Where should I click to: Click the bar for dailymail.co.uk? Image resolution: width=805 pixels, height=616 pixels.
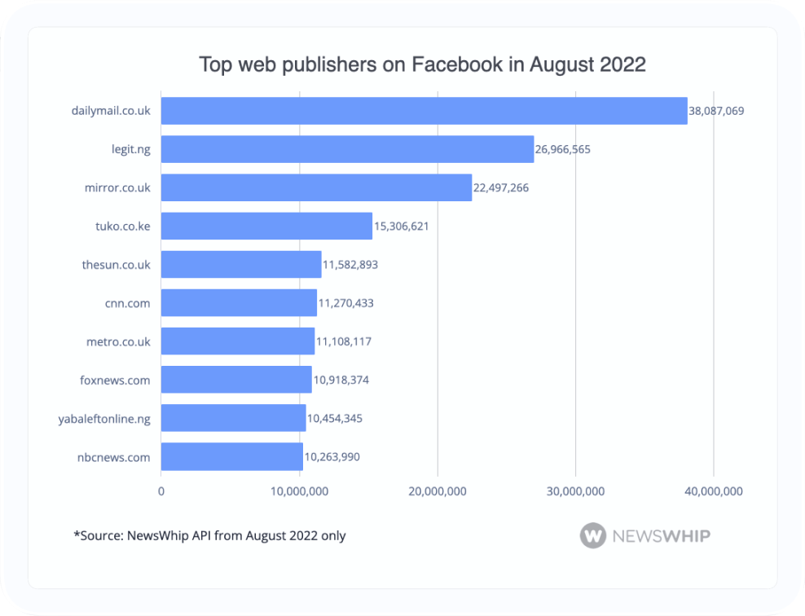424,111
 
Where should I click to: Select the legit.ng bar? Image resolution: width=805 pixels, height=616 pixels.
347,149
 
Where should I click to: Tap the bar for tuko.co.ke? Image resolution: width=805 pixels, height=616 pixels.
266,226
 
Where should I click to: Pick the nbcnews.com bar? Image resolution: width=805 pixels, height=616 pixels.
231,457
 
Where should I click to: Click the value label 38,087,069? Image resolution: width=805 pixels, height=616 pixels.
717,111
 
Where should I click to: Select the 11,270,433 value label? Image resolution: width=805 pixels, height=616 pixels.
346,303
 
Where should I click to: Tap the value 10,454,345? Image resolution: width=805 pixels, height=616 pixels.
335,419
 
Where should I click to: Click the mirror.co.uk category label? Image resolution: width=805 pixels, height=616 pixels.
117,187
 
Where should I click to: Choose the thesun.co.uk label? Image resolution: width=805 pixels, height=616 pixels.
117,265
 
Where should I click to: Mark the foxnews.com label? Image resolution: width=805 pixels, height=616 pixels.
116,381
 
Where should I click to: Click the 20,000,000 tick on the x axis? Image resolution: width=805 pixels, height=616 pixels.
438,491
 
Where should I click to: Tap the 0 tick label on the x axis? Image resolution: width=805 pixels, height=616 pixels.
161,491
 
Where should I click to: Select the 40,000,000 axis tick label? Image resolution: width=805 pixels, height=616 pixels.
714,491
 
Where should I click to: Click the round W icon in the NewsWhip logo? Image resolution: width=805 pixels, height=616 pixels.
593,535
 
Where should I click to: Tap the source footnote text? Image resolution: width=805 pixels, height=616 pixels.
209,535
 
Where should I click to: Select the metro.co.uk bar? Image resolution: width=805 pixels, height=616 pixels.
238,341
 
